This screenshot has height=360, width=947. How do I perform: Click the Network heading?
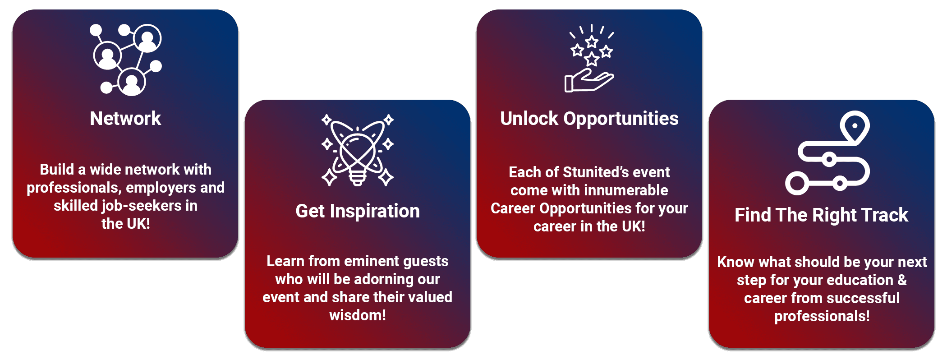(125, 119)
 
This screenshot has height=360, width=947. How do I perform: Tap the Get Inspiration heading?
(358, 211)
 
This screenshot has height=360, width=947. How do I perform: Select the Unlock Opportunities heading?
(589, 119)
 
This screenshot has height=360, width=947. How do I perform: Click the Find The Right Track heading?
(821, 215)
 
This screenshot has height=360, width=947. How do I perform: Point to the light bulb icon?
(357, 150)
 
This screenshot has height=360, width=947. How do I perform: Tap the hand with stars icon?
(589, 58)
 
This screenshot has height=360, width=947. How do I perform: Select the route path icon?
(827, 153)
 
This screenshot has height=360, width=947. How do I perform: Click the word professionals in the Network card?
(73, 188)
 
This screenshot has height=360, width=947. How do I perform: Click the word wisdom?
(355, 315)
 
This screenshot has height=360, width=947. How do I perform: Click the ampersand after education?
(902, 280)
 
